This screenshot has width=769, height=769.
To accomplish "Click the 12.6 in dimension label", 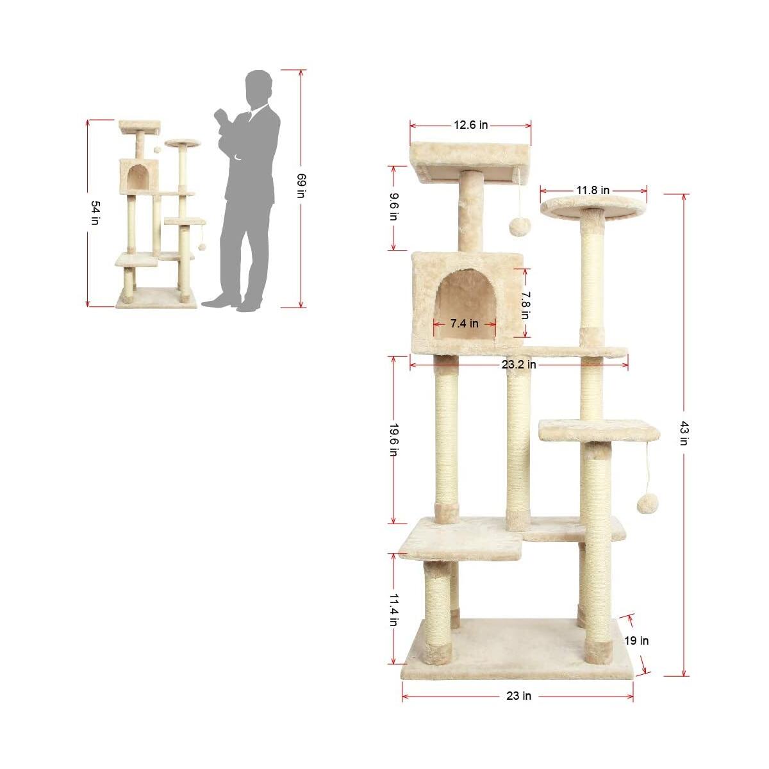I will pyautogui.click(x=471, y=125).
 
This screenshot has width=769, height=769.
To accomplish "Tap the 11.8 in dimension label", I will pyautogui.click(x=593, y=190).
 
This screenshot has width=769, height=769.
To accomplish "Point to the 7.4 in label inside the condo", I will pyautogui.click(x=465, y=324).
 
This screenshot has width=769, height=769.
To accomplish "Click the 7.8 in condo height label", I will pyautogui.click(x=525, y=305).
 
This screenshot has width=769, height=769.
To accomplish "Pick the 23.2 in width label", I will pyautogui.click(x=519, y=365).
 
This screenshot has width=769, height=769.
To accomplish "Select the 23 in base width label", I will pyautogui.click(x=518, y=695).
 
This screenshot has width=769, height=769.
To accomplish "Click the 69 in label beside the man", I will pyautogui.click(x=301, y=186).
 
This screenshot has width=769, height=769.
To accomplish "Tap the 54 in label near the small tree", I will pyautogui.click(x=95, y=213).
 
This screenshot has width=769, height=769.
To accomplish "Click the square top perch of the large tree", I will pyautogui.click(x=471, y=158).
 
